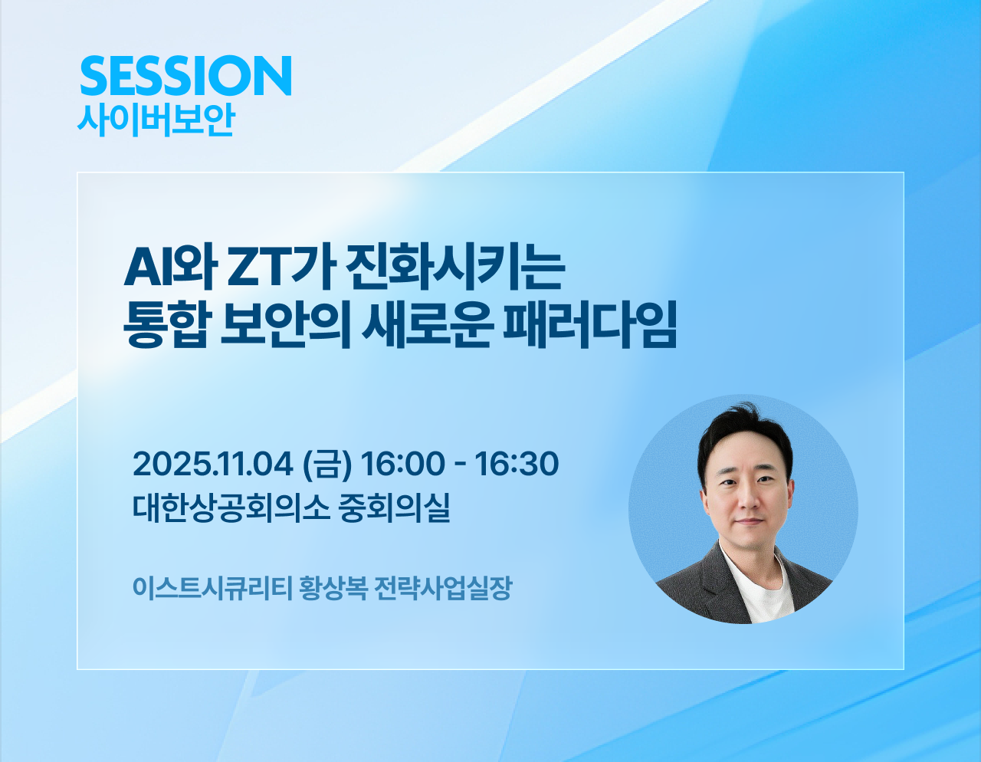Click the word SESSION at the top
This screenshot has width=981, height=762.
click(185, 75)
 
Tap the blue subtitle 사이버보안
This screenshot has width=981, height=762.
click(156, 120)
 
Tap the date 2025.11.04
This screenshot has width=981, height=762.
click(212, 464)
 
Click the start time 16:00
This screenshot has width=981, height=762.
click(402, 464)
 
